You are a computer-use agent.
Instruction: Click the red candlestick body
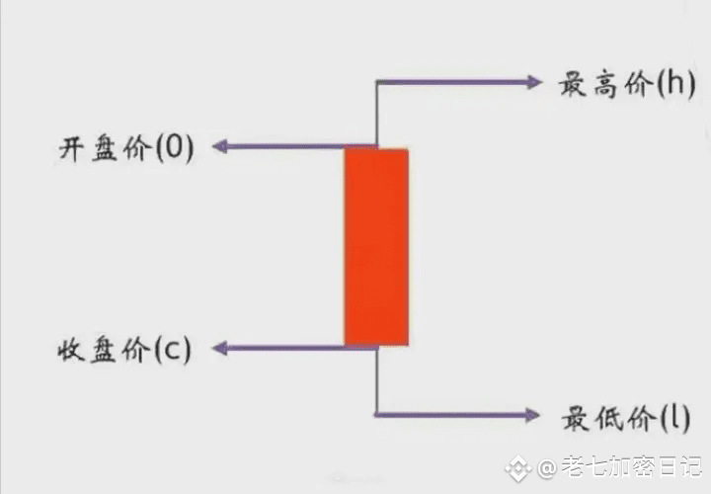[x=376, y=247]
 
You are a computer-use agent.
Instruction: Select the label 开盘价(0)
[x=127, y=148]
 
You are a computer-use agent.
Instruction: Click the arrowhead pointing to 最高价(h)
[x=533, y=81]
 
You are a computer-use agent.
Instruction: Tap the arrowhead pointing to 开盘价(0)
[x=221, y=147]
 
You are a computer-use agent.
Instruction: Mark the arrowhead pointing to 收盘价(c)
[x=221, y=348]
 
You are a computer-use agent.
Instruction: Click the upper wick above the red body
[x=376, y=114]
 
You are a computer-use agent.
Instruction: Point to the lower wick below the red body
[x=376, y=380]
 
